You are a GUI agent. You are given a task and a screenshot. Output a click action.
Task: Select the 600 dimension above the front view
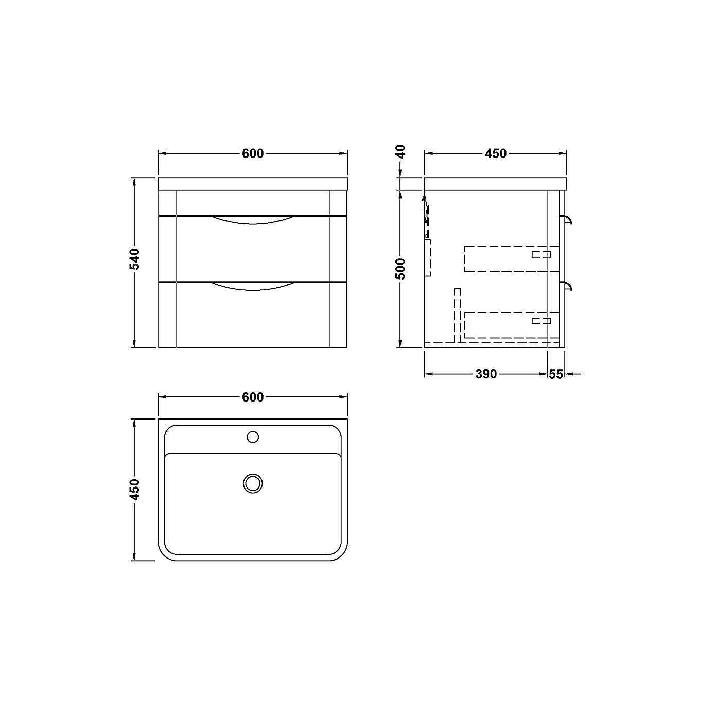253,153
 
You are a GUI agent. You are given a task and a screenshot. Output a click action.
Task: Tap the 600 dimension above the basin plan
253,397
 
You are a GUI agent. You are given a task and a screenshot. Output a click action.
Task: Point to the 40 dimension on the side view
401,151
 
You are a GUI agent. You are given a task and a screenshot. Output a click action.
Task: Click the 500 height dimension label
401,269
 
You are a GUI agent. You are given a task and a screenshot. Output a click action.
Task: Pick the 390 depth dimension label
486,374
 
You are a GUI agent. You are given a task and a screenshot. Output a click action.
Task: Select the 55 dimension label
556,374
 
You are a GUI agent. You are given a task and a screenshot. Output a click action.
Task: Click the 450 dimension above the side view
496,153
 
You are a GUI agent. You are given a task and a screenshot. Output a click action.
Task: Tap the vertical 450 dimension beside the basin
134,490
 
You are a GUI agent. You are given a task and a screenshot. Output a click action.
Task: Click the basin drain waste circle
253,483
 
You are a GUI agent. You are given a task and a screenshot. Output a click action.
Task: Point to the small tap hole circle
253,437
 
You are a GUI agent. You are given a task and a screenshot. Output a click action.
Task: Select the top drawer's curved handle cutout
253,220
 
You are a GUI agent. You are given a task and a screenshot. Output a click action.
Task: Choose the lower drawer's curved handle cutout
253,286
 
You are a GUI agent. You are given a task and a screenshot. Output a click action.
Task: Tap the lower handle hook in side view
568,286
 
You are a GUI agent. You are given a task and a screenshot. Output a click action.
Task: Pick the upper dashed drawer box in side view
511,259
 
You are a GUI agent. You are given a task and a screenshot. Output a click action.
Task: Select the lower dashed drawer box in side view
511,325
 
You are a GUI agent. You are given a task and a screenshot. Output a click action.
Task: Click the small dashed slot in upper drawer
542,254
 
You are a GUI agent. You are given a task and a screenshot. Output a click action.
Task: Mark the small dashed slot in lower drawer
542,321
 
